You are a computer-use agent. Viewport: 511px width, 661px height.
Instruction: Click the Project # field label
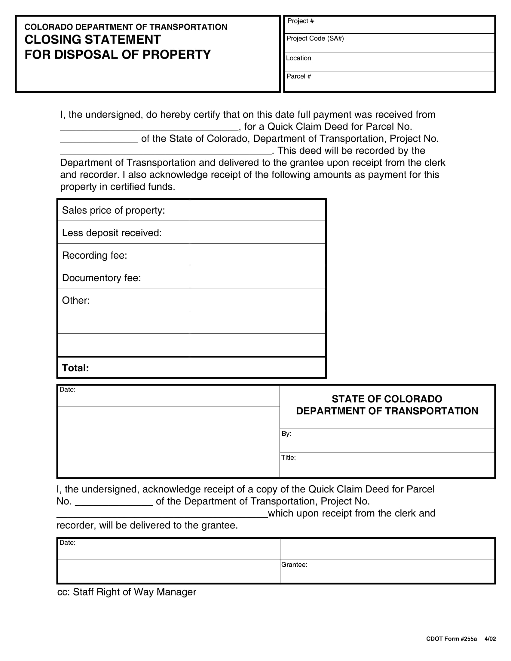pos(300,21)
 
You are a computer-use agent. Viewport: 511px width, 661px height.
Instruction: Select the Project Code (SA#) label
pos(315,38)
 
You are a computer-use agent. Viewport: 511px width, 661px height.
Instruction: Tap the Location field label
pos(298,58)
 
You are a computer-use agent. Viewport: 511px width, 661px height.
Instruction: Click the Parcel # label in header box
pos(298,76)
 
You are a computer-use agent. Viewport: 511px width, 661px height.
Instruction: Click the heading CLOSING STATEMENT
pos(93,40)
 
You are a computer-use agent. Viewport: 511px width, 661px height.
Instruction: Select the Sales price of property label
pos(114,210)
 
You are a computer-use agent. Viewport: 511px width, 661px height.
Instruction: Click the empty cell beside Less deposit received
pos(257,232)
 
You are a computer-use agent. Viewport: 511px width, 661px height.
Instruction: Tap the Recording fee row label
pos(94,255)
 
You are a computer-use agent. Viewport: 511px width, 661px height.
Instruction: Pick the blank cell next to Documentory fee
pos(257,277)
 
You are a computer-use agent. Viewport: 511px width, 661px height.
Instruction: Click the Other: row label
pos(76,300)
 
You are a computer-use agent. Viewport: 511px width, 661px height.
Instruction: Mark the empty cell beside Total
pos(257,368)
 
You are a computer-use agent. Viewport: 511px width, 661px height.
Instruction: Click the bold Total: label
pos(75,368)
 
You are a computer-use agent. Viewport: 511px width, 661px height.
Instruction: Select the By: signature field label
pos(286,434)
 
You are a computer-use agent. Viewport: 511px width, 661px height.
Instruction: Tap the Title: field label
pos(288,458)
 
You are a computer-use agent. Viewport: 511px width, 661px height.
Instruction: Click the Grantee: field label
pos(294,565)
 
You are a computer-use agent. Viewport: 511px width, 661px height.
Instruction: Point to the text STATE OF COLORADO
pos(387,399)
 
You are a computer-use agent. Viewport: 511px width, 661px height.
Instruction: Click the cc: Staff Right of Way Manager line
pos(127,592)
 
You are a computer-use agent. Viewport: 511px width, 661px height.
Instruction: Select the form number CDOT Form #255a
pos(451,639)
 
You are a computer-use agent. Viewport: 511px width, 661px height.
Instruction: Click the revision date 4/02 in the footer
pos(490,639)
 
